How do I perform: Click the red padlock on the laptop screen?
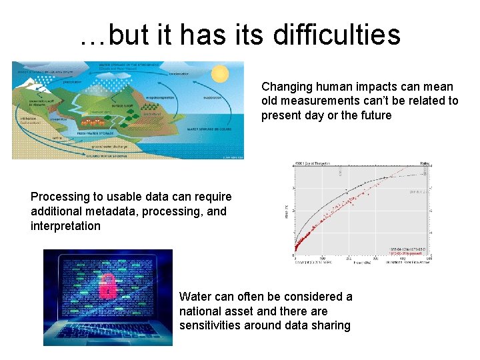[107, 287]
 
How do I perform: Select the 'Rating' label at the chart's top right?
[425, 164]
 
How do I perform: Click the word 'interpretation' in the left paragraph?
[65, 226]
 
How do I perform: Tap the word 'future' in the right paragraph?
[374, 116]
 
